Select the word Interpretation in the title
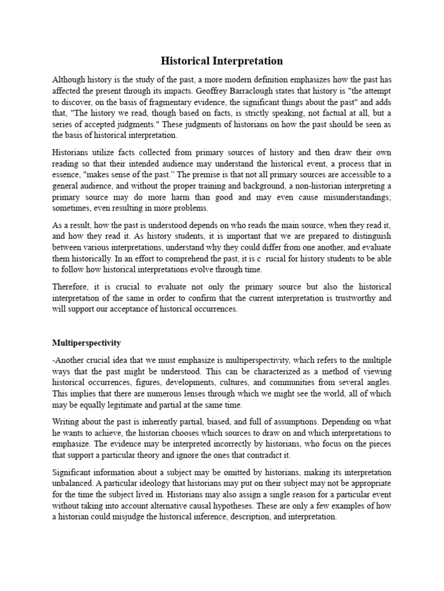[250, 61]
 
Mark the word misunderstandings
[354, 197]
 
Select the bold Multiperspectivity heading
[86, 343]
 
